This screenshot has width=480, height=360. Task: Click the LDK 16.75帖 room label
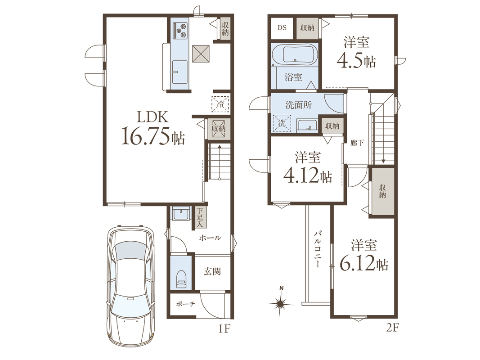click(153, 127)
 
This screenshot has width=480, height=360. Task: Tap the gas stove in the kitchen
click(180, 31)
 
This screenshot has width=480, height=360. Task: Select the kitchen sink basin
click(179, 72)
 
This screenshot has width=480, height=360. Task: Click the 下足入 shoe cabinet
click(200, 218)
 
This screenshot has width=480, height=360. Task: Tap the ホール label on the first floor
click(210, 238)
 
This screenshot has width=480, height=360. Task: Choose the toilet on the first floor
click(181, 278)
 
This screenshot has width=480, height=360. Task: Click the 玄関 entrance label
click(212, 271)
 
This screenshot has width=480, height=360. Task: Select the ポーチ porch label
click(185, 304)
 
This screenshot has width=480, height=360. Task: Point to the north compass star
click(280, 304)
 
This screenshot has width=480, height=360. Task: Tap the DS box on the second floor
click(282, 27)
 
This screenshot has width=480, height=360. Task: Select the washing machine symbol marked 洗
click(282, 123)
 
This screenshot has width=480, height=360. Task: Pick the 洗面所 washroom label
click(299, 105)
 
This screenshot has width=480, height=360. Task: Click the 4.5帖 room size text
click(356, 61)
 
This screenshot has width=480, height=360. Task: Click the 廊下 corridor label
click(357, 143)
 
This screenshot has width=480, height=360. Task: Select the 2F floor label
click(392, 328)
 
